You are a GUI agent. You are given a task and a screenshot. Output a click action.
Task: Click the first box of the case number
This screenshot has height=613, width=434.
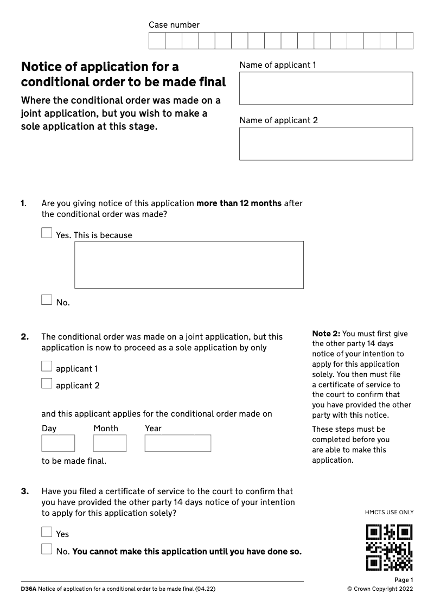point(157,41)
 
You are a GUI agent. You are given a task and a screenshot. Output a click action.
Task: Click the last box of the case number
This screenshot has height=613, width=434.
point(405,41)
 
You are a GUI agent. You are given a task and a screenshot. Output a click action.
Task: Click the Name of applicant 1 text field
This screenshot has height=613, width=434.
point(326,88)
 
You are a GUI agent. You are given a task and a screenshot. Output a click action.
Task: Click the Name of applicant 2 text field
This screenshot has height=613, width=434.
point(326,144)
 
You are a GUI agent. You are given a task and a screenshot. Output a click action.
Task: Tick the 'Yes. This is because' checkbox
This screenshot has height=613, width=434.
point(47,233)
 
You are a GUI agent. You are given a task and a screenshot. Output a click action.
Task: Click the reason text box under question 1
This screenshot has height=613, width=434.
point(189,265)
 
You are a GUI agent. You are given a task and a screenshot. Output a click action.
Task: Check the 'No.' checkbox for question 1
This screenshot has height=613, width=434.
point(47,300)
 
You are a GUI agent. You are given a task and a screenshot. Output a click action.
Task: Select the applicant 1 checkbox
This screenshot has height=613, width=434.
point(47,367)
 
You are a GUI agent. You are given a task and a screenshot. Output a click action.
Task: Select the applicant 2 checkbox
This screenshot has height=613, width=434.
point(47,384)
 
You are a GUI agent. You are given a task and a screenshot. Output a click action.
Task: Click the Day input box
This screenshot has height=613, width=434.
point(58,443)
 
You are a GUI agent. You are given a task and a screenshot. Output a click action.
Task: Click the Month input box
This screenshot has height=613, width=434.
point(110,443)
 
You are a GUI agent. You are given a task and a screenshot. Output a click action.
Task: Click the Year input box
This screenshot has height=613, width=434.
point(177,443)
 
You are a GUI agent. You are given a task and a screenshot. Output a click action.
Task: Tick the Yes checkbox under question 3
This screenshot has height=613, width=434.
point(47,532)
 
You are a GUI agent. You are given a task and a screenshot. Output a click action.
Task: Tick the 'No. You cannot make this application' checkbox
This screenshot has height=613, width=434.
point(47,550)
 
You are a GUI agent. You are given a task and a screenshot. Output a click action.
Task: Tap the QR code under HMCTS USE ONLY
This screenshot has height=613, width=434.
point(390,547)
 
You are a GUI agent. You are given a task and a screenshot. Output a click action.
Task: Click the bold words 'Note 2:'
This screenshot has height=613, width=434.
point(326,334)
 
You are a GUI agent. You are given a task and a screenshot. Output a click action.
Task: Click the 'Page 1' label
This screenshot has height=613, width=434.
point(404,580)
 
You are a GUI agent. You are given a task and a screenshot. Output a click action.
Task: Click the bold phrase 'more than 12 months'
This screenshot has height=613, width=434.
point(239,203)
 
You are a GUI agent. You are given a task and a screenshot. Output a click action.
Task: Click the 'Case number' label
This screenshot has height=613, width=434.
point(174,25)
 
